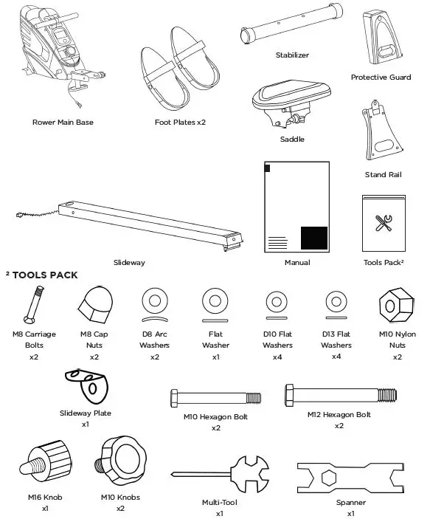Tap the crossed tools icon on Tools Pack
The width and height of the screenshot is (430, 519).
[383, 223]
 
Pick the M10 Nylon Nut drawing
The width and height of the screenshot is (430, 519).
[398, 305]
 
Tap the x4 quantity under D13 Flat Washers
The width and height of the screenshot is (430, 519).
[336, 357]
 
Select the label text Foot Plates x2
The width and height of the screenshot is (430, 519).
[180, 122]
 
